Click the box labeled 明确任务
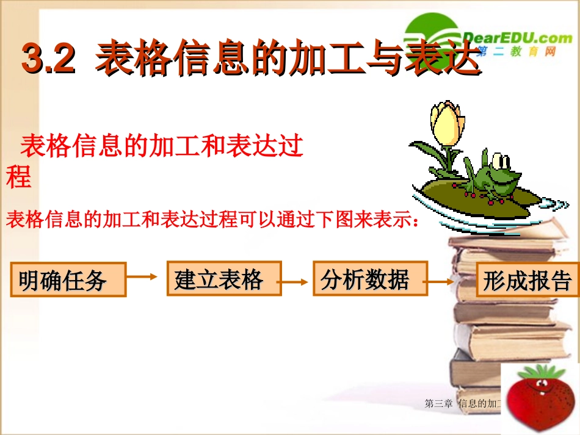coord(68,280)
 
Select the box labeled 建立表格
coord(224,279)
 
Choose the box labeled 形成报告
coord(526,280)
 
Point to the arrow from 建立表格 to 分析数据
coord(297,282)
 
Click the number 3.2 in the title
coord(48,59)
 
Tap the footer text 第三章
coord(437,403)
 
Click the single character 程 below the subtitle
coord(18,178)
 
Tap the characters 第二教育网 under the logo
coord(517,52)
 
